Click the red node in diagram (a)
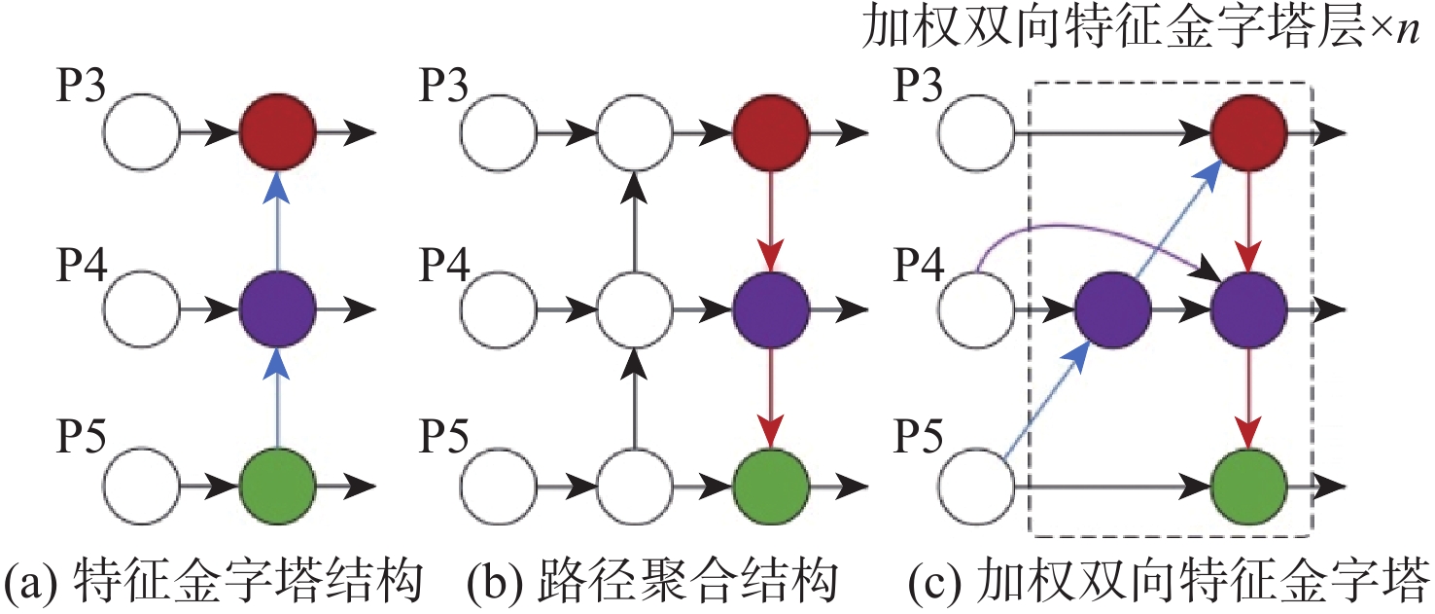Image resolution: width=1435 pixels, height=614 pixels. pyautogui.click(x=277, y=131)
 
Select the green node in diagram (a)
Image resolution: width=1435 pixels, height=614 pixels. pyautogui.click(x=277, y=484)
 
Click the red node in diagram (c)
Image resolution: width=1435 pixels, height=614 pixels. pyautogui.click(x=1248, y=131)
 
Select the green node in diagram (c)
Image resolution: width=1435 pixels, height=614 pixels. pyautogui.click(x=1248, y=484)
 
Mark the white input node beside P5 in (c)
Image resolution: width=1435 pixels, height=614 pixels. pyautogui.click(x=978, y=484)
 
